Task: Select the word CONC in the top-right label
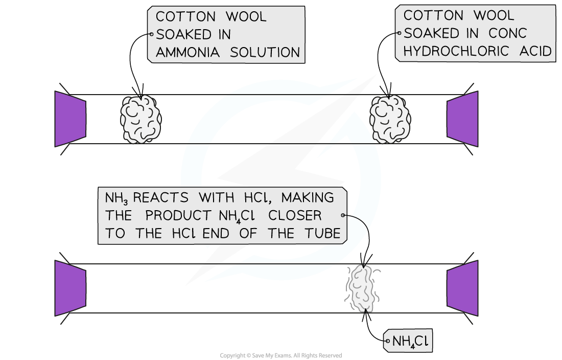pos(507,33)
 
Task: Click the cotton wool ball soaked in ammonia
pos(140,119)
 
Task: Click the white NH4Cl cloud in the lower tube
pos(363,288)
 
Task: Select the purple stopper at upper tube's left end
pos(71,119)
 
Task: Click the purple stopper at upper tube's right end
pos(462,119)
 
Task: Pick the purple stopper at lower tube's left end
pos(71,288)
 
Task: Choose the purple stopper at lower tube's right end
pos(462,288)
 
